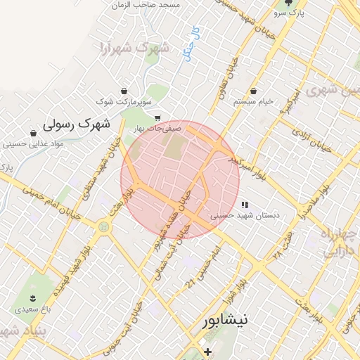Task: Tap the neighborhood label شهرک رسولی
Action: (x=77, y=124)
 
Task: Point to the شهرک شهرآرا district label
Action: (x=135, y=49)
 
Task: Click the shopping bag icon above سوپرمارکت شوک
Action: (x=124, y=91)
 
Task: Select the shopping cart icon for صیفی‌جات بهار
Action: (x=157, y=117)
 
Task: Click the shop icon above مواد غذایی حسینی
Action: (x=33, y=133)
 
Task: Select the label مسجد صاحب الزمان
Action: (x=150, y=4)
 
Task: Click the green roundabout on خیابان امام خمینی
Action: (x=104, y=226)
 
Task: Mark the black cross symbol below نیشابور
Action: (x=207, y=351)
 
